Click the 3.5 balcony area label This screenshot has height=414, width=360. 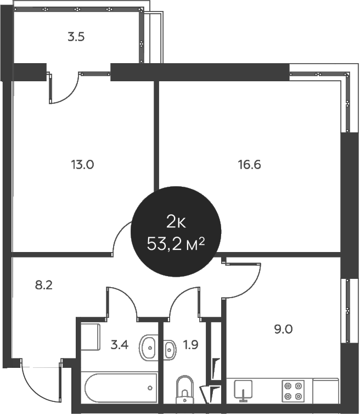tap(76, 38)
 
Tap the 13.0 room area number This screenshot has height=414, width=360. tap(82, 164)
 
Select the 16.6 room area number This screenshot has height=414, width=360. tap(249, 164)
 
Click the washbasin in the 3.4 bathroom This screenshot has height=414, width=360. tap(148, 348)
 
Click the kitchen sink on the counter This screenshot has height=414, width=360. tap(242, 390)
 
